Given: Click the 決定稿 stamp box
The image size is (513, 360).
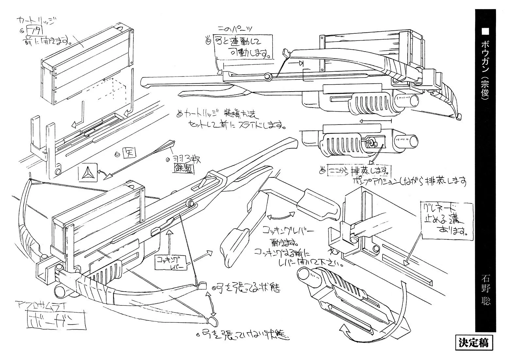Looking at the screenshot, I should click(473, 343).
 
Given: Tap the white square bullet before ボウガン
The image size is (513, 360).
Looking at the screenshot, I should click(485, 30).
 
